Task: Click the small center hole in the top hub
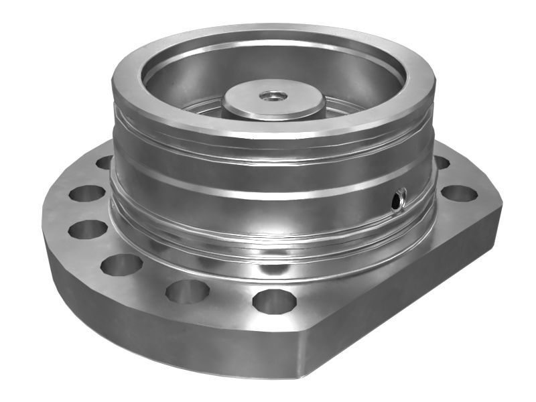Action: pos(271,96)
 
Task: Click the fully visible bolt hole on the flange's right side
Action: pos(460,194)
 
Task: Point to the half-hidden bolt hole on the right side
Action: pos(442,163)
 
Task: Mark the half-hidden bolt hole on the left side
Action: pos(105,162)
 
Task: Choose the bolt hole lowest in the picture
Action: pos(275,300)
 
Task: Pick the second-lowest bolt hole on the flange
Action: pos(188,291)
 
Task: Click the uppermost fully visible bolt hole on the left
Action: pos(87,194)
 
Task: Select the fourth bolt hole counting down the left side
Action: pos(121,263)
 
